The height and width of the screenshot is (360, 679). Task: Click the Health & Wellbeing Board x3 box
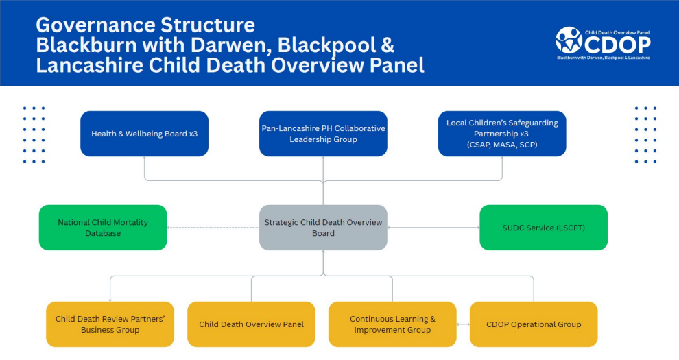pos(144,134)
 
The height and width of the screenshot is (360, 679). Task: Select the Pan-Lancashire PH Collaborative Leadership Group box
pos(323,134)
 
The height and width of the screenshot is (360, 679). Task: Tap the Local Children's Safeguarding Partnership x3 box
pos(502,134)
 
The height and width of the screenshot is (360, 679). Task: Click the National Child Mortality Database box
pos(103,228)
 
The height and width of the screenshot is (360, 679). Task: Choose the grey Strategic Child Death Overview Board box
pos(323,228)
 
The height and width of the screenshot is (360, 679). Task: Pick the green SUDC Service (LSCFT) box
pos(543,228)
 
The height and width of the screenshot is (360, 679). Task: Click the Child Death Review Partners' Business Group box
pos(110,324)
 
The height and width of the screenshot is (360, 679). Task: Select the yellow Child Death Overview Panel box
pos(251,324)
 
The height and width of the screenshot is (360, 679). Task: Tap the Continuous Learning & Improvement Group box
pos(392,324)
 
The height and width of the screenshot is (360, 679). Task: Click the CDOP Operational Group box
pos(533,324)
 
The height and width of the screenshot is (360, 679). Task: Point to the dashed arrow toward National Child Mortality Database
pos(213,228)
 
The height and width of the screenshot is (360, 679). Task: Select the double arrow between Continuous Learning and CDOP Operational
pos(463,324)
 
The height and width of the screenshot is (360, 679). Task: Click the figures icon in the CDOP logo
pos(569,40)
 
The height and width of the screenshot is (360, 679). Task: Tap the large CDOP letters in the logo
pos(617,45)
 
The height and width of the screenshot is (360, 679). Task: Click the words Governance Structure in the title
pos(145,25)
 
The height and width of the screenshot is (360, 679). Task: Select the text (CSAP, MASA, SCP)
pos(502,145)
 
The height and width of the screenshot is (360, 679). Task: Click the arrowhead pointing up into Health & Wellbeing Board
pos(145,159)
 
